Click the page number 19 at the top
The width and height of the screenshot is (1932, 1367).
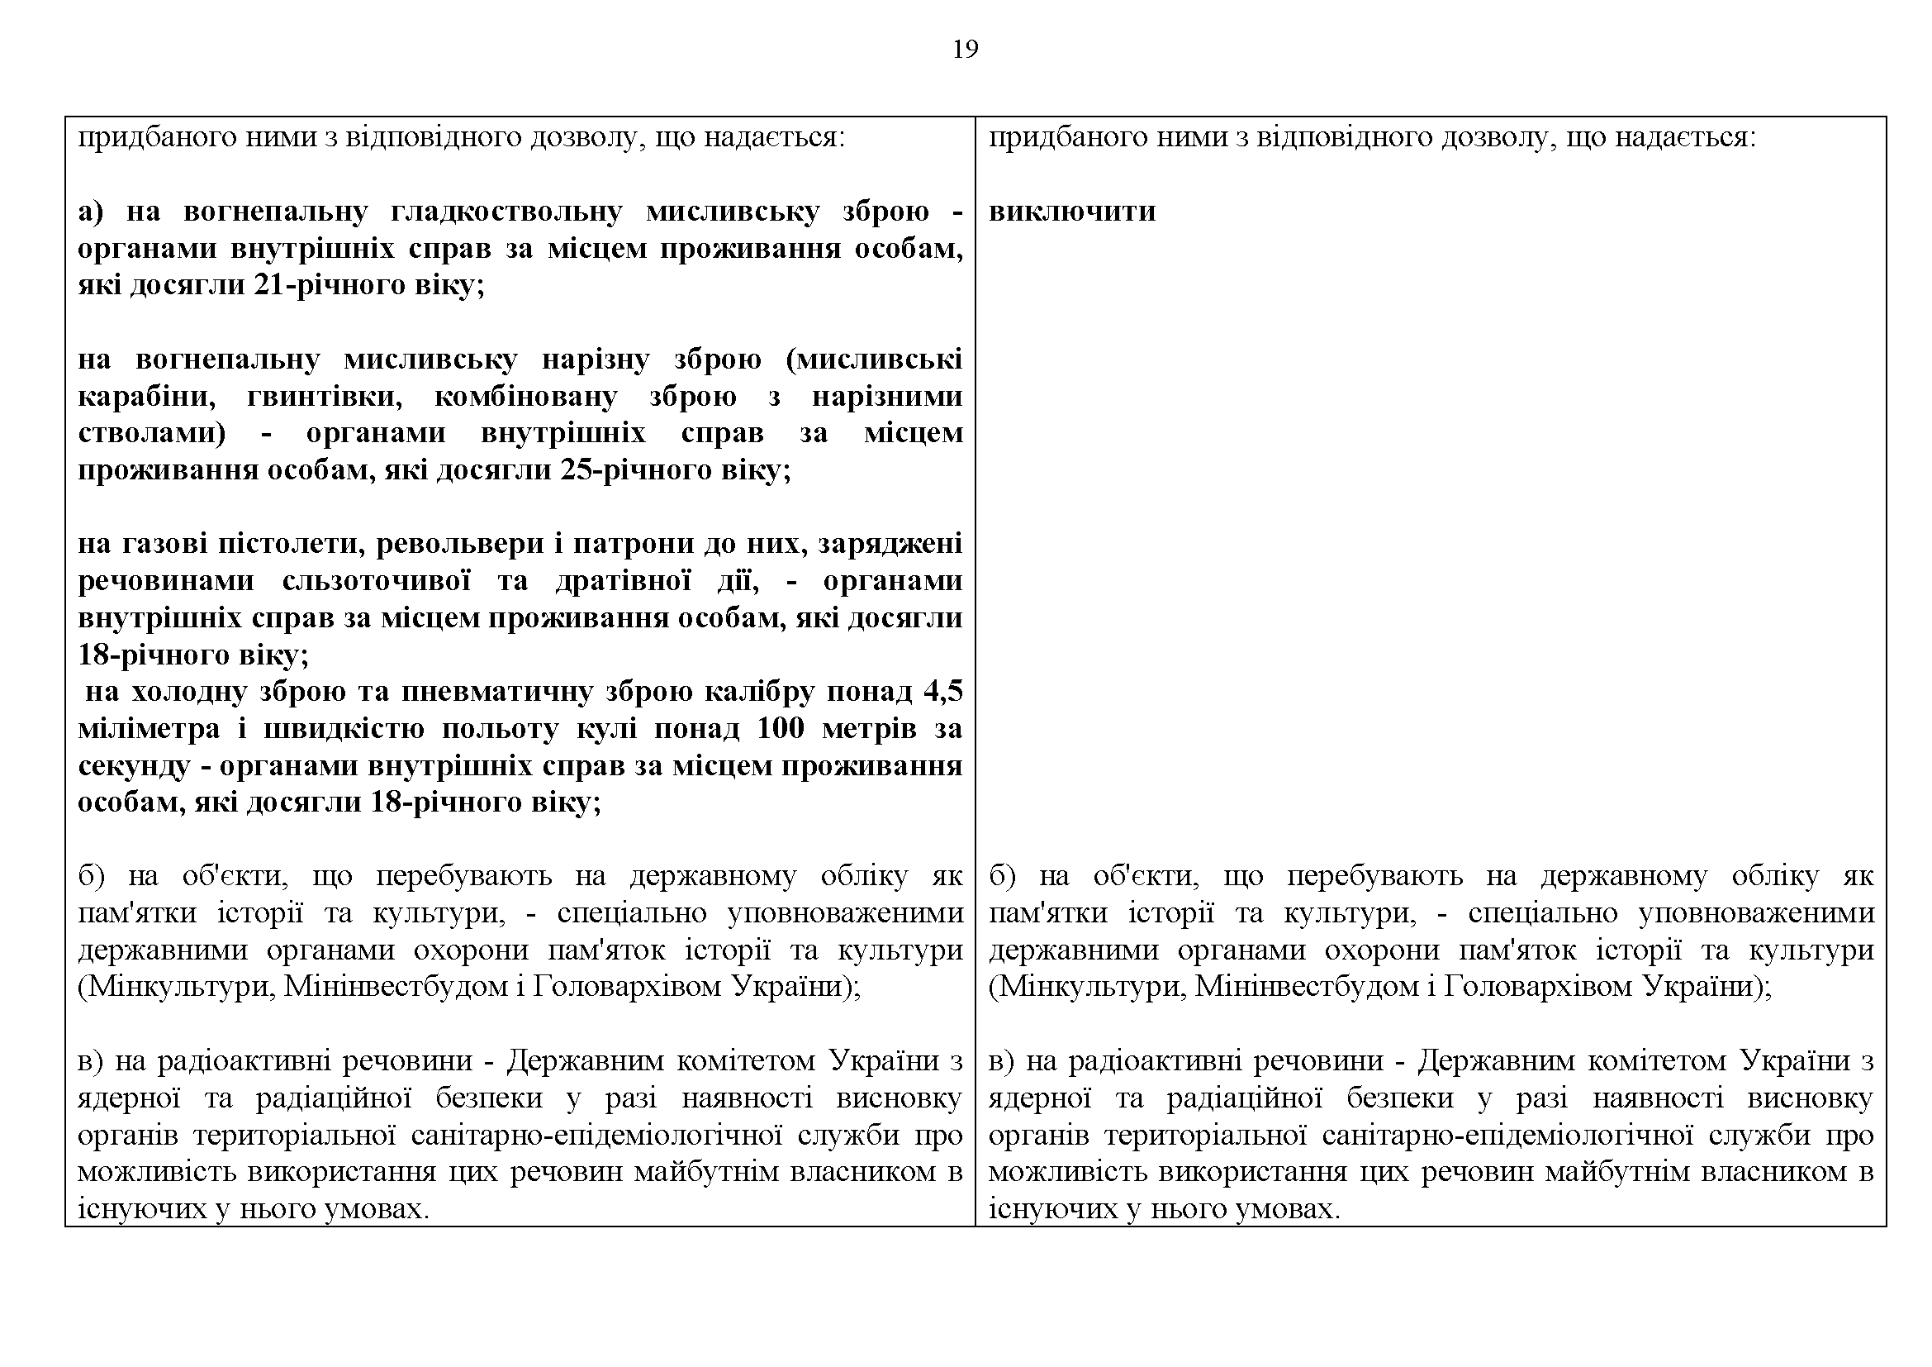tap(965, 50)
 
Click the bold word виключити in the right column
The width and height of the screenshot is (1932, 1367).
tap(1071, 211)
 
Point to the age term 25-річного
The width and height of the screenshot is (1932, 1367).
tap(640, 469)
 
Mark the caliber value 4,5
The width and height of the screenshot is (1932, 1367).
tap(942, 692)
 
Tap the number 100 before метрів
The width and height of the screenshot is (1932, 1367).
tap(781, 729)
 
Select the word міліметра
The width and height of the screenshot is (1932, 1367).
tap(148, 729)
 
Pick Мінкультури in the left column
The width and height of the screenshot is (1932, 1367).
tap(176, 985)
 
